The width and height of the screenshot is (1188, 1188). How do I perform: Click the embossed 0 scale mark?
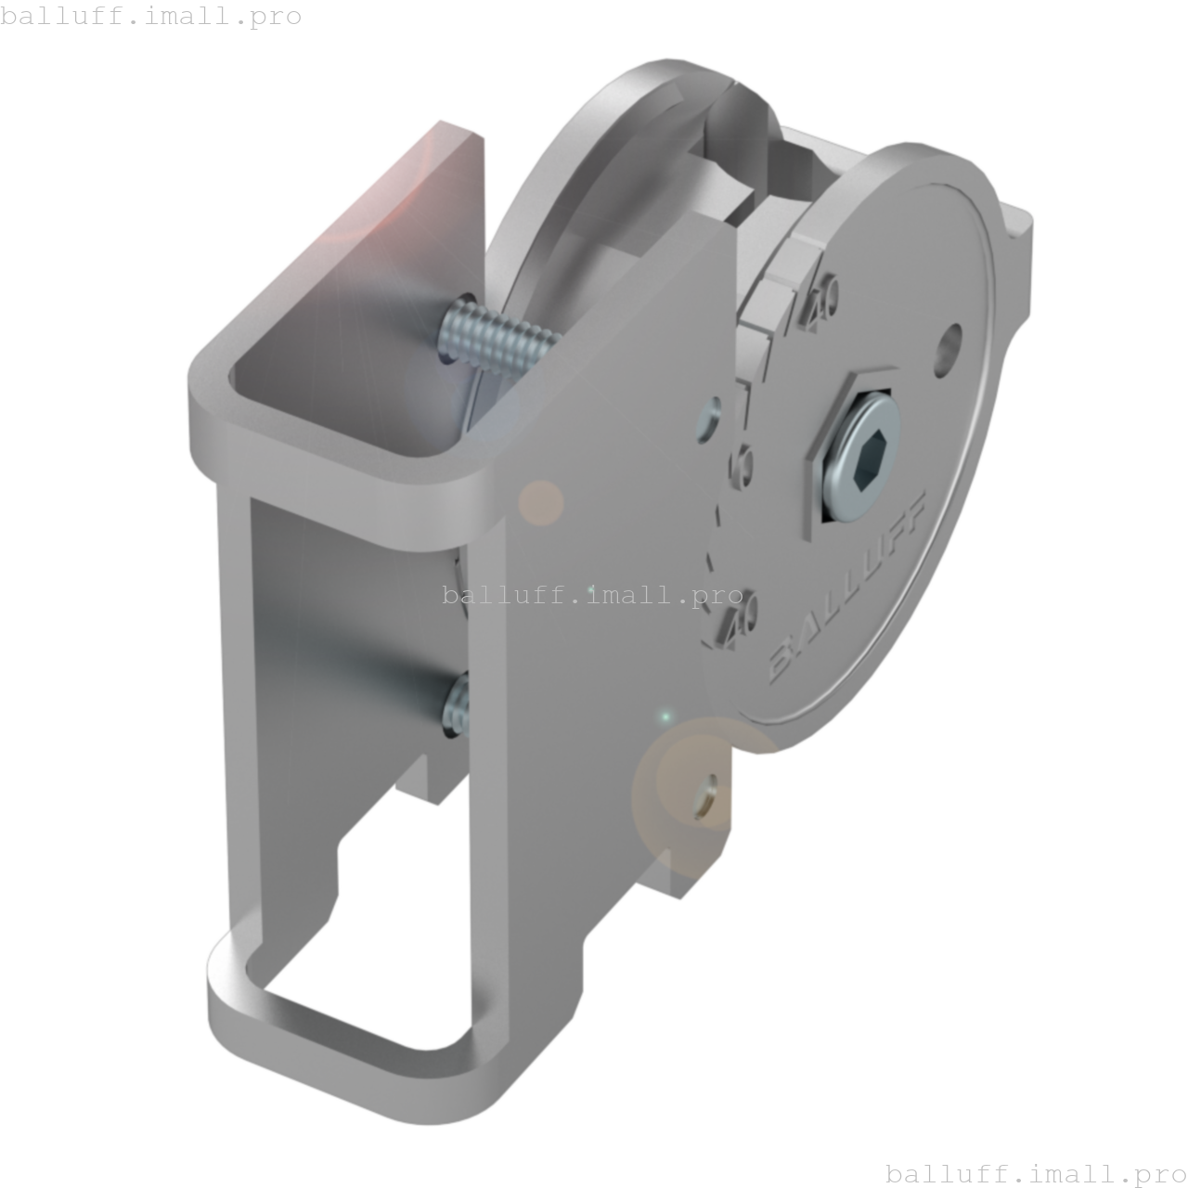[744, 464]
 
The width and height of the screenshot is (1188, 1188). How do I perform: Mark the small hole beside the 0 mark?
[710, 417]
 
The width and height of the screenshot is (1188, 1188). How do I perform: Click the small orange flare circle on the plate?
[540, 503]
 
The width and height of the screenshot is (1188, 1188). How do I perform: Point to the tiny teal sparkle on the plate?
[665, 717]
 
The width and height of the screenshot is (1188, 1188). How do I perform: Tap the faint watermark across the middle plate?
[594, 594]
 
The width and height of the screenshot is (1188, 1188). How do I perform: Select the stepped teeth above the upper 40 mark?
[780, 278]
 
